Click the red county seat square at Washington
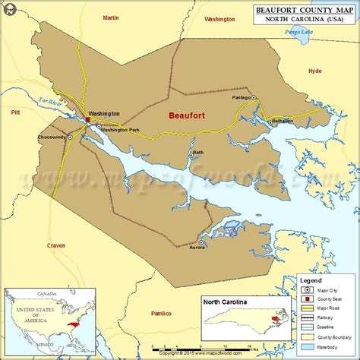88,119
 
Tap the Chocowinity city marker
71,137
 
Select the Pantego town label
242,97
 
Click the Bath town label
198,152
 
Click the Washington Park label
121,129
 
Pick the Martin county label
111,17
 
